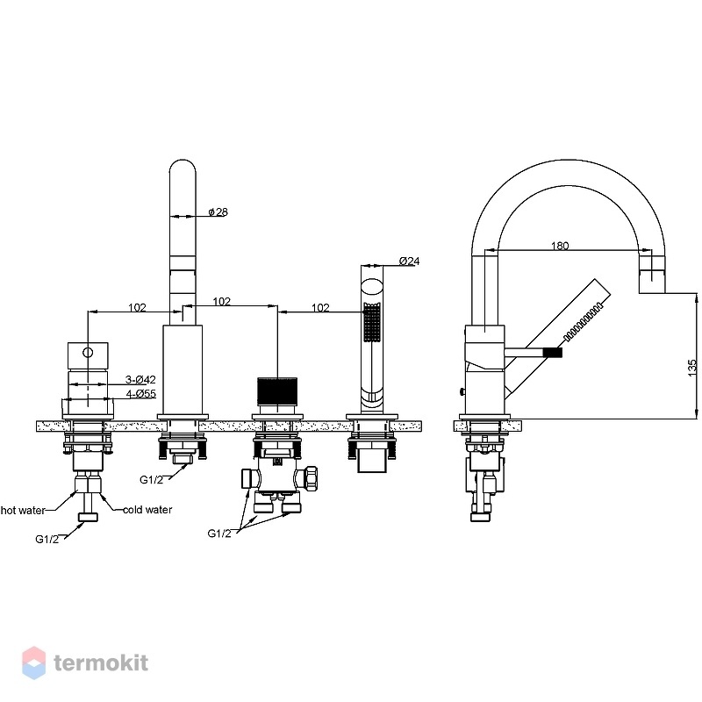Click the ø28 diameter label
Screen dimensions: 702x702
[218, 211]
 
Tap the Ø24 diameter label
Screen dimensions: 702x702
[409, 261]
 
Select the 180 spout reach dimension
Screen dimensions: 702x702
[560, 246]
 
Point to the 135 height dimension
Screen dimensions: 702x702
[692, 368]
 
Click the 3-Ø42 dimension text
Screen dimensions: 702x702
[140, 380]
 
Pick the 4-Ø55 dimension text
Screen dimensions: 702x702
[141, 394]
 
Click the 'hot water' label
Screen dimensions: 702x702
[23, 511]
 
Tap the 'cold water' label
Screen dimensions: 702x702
[147, 510]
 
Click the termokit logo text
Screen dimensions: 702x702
[101, 663]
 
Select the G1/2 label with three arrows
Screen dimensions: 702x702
[219, 534]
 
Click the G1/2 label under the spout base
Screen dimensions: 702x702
[151, 480]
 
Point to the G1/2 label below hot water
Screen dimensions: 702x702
[47, 539]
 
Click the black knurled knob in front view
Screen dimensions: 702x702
[277, 390]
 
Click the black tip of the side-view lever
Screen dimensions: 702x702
[553, 353]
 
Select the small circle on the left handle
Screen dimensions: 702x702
[89, 353]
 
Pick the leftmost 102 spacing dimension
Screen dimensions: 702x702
[137, 308]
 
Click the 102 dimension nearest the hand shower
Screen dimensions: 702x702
[320, 308]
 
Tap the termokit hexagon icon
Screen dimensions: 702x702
[33, 663]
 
